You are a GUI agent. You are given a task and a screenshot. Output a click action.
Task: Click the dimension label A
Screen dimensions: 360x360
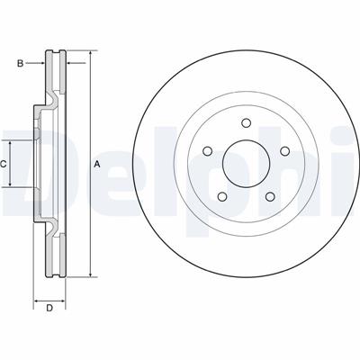click(x=96, y=164)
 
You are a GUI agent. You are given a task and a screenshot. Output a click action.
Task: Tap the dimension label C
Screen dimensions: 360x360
click(x=4, y=164)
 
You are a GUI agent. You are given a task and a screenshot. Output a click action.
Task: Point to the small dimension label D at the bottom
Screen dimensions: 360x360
click(x=50, y=309)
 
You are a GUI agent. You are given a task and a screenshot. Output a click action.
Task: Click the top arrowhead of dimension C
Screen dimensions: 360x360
click(x=13, y=143)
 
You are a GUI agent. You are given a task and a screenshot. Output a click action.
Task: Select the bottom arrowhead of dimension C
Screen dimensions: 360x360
click(x=13, y=184)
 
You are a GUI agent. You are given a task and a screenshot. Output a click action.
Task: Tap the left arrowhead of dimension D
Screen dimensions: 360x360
click(x=37, y=297)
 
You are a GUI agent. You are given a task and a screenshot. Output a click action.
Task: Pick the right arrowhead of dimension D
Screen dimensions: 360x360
click(x=65, y=297)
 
